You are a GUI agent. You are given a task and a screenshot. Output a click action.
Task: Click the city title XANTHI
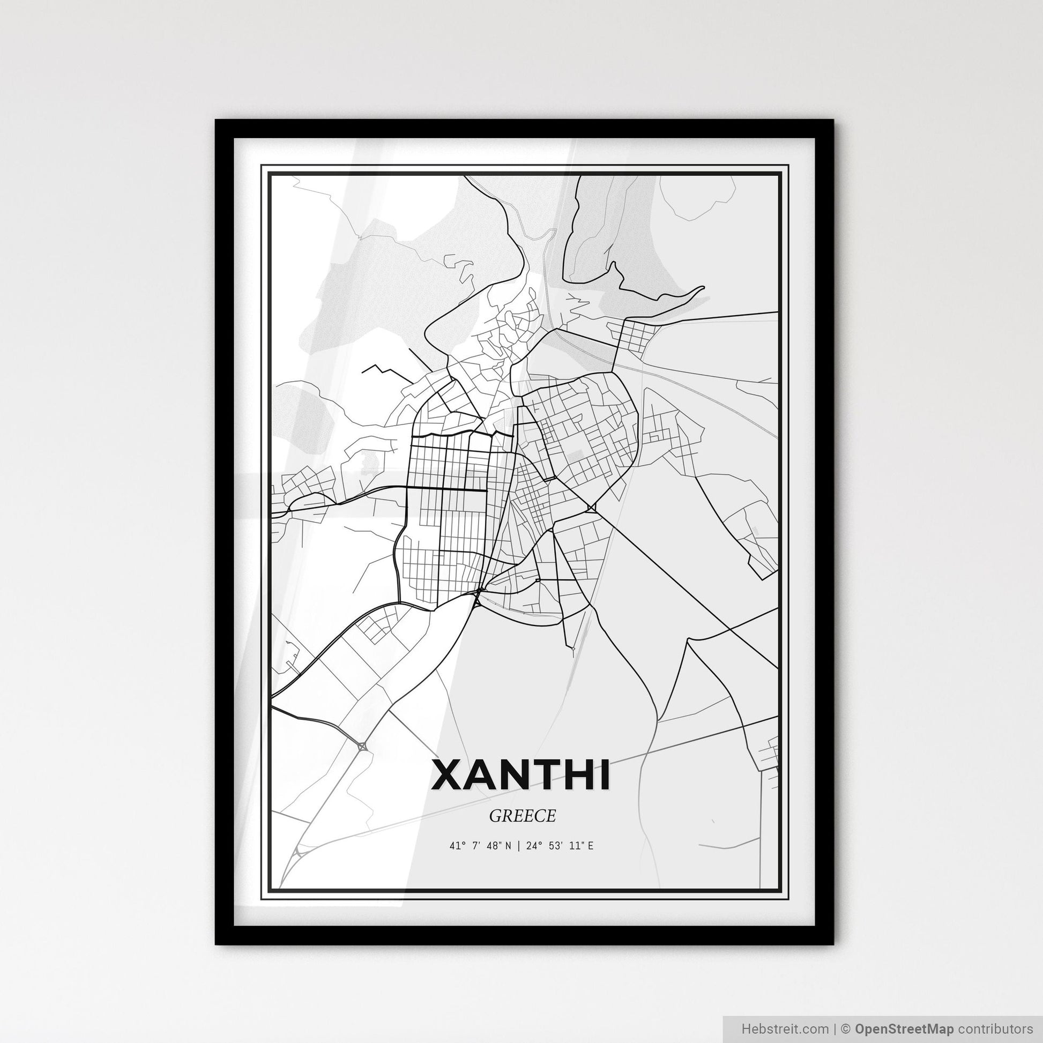click(x=521, y=774)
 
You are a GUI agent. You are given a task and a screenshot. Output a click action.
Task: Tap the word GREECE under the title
click(x=522, y=816)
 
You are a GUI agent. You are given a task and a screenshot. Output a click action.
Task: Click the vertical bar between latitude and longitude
click(x=518, y=846)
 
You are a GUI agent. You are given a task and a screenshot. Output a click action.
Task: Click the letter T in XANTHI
click(x=544, y=774)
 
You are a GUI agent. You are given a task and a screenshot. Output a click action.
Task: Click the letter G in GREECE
click(x=495, y=816)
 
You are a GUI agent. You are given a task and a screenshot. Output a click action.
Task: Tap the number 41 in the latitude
click(x=454, y=846)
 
